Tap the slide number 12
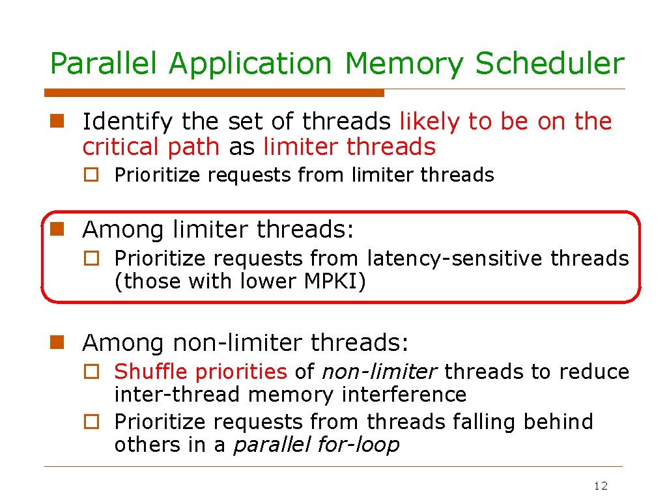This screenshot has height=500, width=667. click(x=601, y=486)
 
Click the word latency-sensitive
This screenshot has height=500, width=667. click(x=456, y=258)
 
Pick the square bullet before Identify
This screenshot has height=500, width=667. click(x=57, y=120)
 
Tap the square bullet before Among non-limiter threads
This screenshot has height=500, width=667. click(x=57, y=341)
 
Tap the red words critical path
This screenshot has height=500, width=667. click(x=150, y=147)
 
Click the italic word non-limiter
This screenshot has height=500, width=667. click(x=379, y=372)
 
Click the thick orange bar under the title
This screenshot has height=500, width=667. click(x=215, y=93)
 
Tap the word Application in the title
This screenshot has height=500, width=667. click(x=250, y=64)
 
